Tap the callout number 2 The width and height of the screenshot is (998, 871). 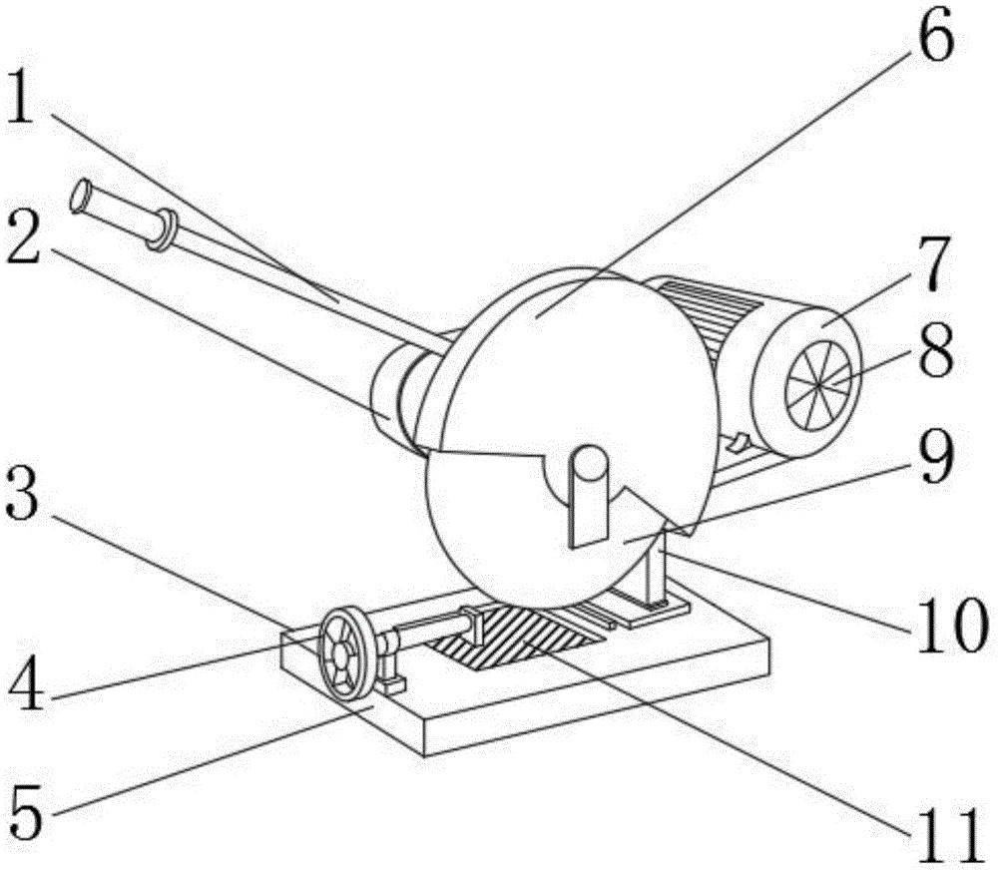[x=24, y=237]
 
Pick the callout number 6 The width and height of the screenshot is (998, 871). [x=935, y=36]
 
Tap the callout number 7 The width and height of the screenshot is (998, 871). [x=933, y=264]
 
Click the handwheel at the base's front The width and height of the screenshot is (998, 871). [x=347, y=653]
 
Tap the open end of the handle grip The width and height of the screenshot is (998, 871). [x=80, y=196]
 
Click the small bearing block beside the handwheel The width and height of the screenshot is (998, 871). [x=389, y=668]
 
